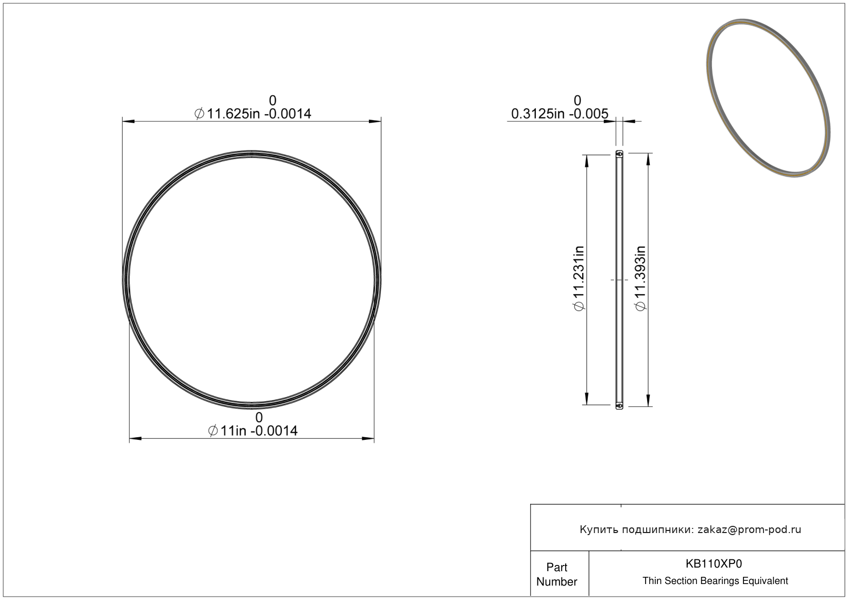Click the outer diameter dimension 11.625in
pos(252,114)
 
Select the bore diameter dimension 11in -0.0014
pos(253,431)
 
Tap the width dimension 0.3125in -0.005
pos(559,114)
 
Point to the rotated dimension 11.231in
pos(579,278)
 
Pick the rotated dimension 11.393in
pos(640,278)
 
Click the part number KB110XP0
pos(714,563)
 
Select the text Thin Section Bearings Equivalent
pos(715,580)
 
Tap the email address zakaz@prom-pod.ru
pos(749,529)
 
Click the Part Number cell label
pos(557,574)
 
